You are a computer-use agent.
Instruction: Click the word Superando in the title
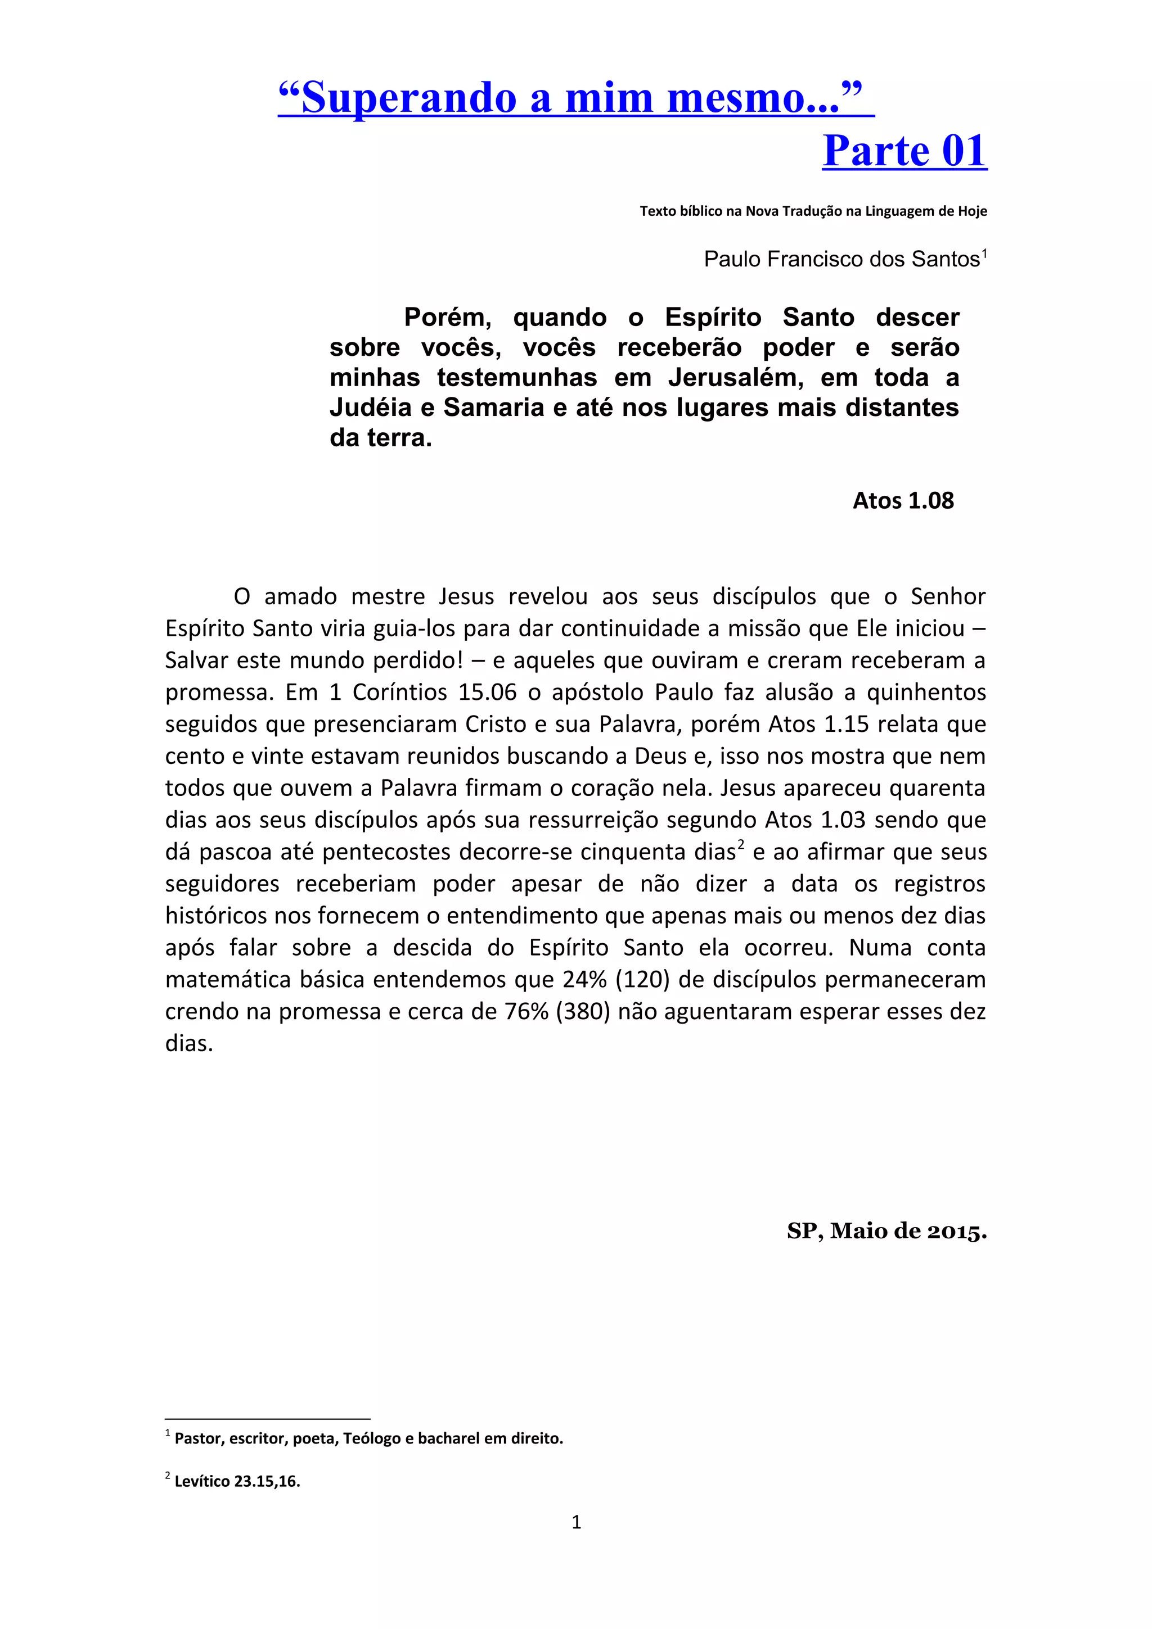(409, 98)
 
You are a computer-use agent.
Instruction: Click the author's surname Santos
(946, 260)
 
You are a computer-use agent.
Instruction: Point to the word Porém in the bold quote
(447, 317)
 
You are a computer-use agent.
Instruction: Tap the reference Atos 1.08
(903, 501)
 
